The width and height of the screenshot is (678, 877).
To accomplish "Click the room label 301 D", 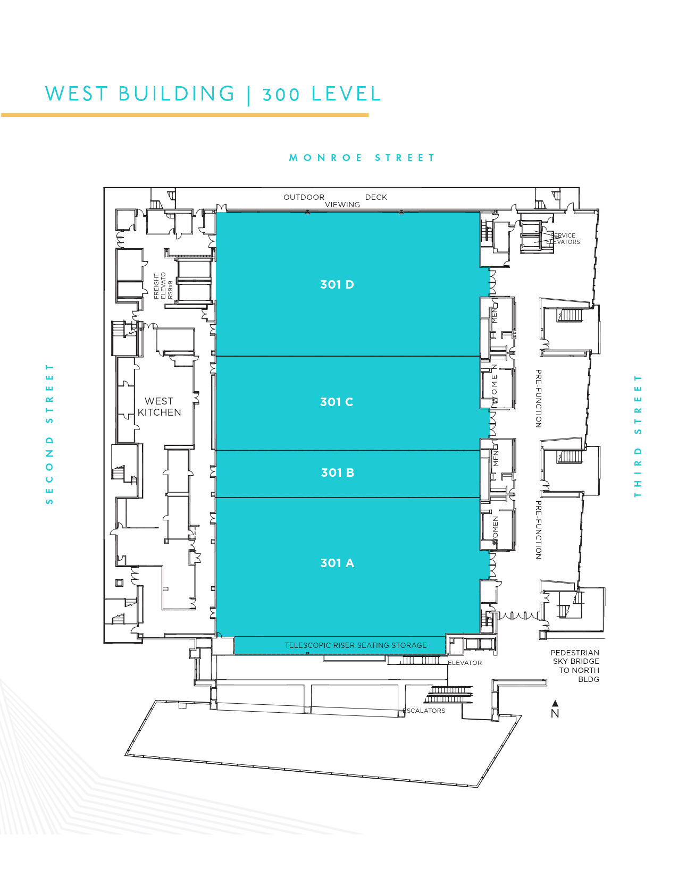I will click(x=337, y=284).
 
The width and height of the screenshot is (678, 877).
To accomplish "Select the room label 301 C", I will click(x=336, y=402).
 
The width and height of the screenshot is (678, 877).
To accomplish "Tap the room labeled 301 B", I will click(x=337, y=473).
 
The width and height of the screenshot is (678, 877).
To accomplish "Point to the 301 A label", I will click(x=337, y=563).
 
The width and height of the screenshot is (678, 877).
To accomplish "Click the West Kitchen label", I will click(x=159, y=407).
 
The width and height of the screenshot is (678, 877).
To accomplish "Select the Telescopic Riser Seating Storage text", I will click(x=355, y=645).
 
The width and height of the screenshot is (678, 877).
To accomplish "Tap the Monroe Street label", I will click(x=362, y=158).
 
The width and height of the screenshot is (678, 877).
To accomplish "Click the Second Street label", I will click(x=49, y=434).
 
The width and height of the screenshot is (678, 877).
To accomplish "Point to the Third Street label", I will click(x=638, y=436).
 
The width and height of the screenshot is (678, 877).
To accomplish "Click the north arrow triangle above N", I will click(x=555, y=703).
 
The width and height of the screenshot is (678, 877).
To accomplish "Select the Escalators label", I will click(x=424, y=711).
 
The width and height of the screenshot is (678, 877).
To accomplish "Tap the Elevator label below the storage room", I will click(x=465, y=663).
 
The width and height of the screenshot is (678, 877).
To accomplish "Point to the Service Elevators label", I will click(x=564, y=239).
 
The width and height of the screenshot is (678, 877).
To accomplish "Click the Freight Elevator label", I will click(x=163, y=285).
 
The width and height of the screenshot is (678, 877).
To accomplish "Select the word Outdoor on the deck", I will click(x=304, y=197).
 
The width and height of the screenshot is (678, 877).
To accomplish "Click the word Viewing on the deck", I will click(x=342, y=205).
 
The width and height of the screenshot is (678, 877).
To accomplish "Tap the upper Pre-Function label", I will click(x=538, y=399).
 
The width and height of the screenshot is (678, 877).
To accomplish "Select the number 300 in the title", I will click(x=281, y=95).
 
